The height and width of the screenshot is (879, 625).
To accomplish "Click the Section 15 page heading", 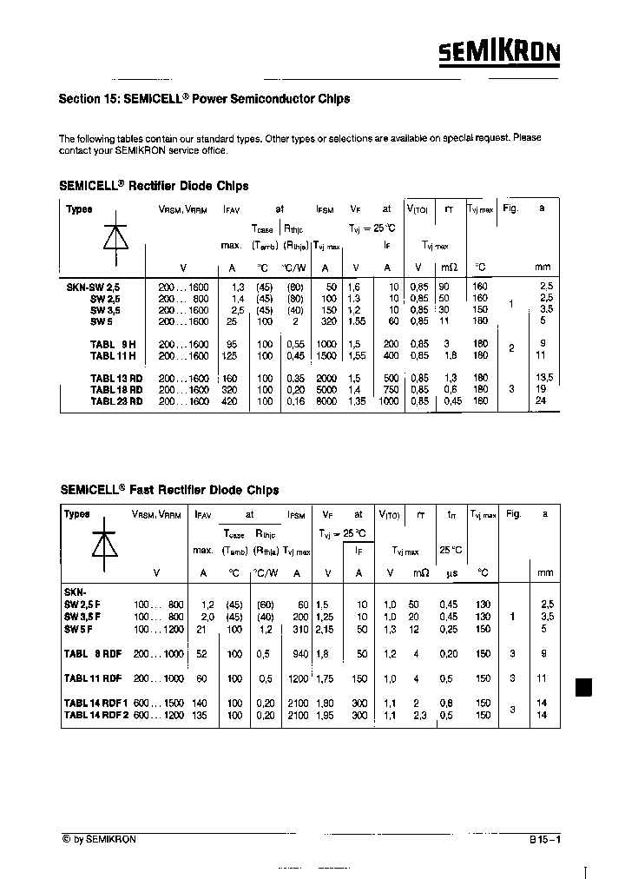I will (204, 99).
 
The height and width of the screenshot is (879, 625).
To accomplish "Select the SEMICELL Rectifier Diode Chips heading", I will (154, 186).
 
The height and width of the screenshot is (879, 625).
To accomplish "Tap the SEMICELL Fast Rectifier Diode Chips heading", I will (169, 490).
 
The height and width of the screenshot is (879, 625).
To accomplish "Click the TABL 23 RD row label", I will (116, 401).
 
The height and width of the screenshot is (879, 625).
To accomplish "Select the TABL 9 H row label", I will (113, 344).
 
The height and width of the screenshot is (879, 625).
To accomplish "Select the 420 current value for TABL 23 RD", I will (230, 401).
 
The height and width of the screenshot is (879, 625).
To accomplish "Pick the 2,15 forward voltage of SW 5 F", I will (326, 628).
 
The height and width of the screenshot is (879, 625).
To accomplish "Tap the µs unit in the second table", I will (451, 572).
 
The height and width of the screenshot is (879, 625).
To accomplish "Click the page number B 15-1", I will (545, 840).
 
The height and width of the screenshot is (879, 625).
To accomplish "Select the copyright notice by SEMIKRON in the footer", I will (99, 839).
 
